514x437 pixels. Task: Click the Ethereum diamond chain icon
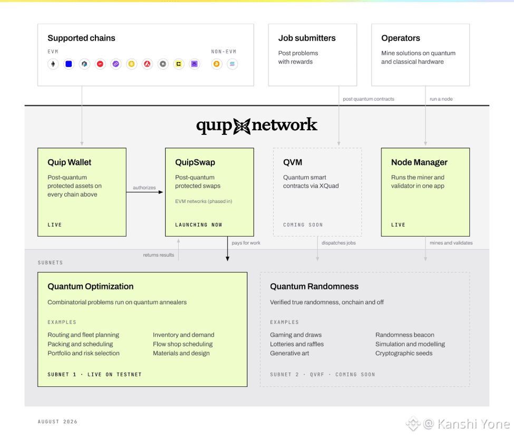tap(53, 64)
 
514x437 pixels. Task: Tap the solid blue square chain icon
tap(69, 64)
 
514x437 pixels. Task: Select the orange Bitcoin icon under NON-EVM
tap(216, 64)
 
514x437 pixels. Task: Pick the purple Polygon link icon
tap(115, 64)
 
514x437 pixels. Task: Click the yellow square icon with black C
tap(179, 64)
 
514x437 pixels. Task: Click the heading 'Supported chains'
tap(81, 38)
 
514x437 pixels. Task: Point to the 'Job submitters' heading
tap(307, 38)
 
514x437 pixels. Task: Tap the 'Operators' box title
tap(401, 38)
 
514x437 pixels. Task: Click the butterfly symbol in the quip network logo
tap(242, 126)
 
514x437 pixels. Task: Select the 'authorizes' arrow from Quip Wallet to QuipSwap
tap(144, 192)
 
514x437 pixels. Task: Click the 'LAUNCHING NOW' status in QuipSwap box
tap(199, 225)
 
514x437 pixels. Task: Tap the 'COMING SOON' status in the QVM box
tap(303, 225)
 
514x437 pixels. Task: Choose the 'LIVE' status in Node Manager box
tap(398, 225)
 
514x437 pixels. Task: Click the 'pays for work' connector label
tap(246, 243)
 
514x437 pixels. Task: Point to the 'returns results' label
tap(159, 255)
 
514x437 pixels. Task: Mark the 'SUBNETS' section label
tap(50, 263)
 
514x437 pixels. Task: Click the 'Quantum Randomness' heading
tap(314, 287)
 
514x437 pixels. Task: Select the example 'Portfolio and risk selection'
tap(84, 353)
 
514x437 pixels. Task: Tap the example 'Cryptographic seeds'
tap(404, 353)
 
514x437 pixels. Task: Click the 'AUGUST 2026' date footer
tap(57, 422)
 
